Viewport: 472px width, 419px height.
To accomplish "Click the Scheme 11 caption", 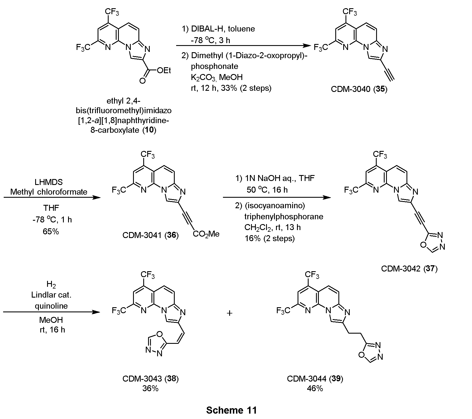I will click(231, 410).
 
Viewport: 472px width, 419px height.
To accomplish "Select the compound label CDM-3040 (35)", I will click(359, 89).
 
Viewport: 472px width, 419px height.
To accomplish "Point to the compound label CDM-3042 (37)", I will click(409, 268).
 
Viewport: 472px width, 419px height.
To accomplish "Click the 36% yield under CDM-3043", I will click(150, 388).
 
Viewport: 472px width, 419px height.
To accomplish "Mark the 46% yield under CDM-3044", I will click(315, 388).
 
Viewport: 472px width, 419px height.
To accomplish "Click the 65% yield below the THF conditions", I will click(51, 231).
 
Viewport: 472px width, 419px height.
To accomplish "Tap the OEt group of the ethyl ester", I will click(164, 70).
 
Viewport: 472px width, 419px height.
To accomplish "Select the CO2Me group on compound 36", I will click(206, 234).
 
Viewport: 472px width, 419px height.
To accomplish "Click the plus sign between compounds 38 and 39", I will click(230, 313).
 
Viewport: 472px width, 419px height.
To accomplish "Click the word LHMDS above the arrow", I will click(51, 182).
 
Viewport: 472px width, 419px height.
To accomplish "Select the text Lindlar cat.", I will click(51, 295).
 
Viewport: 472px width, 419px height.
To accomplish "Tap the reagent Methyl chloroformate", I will click(49, 192).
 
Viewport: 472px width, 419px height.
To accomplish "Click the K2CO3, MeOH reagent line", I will click(217, 77).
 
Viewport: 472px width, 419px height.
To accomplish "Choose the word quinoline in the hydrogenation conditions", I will click(51, 306).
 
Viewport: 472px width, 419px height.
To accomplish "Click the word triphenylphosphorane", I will click(284, 217).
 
